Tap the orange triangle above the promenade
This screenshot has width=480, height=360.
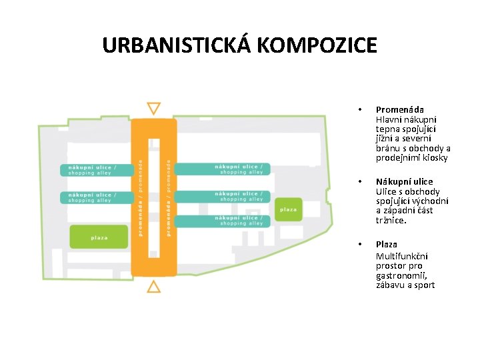coord(154,108)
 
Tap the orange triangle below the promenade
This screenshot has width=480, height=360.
coord(154,287)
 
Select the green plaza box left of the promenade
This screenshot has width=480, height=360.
coord(99,237)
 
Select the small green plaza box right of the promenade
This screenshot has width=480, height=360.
coord(288,209)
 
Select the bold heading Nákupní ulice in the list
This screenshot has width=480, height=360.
coord(404,181)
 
